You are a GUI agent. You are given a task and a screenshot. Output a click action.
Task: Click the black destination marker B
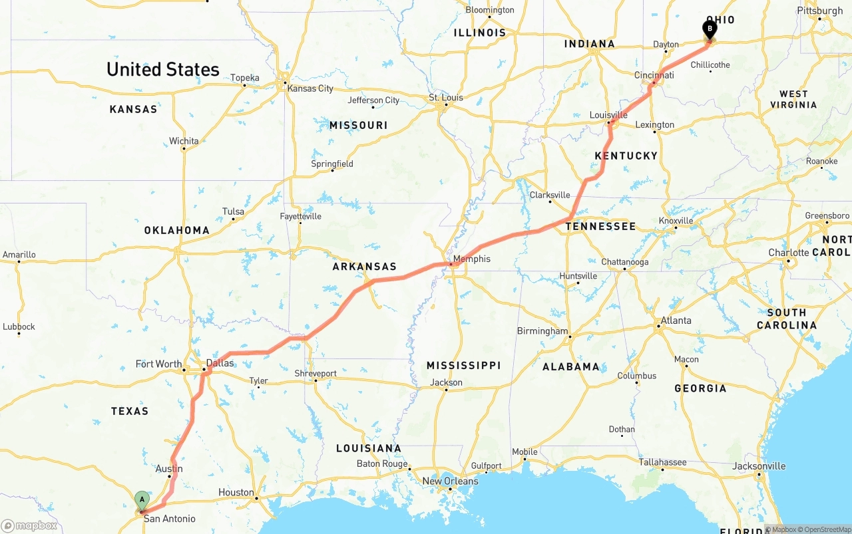[710, 29]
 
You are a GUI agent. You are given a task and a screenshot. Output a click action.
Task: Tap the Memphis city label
[472, 259]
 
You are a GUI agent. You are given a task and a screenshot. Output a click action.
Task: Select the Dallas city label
[220, 363]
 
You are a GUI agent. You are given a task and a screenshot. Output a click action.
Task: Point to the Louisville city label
[608, 115]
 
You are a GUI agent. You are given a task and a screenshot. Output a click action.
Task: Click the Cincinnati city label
[654, 75]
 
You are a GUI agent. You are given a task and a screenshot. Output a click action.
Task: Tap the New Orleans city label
[450, 481]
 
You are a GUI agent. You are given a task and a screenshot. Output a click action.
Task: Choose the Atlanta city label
[676, 320]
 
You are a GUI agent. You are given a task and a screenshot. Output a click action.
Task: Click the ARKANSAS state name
[364, 267]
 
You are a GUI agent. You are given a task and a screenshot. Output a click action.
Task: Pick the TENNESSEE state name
[600, 226]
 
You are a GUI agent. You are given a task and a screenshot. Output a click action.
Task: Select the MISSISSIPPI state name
[463, 366]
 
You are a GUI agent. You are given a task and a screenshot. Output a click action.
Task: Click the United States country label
[162, 69]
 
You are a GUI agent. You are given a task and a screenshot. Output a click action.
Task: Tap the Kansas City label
[310, 88]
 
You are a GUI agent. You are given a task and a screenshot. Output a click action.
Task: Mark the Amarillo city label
[19, 255]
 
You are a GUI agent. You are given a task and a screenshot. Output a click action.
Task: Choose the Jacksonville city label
[758, 466]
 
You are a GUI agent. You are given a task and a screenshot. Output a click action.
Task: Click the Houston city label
[236, 492]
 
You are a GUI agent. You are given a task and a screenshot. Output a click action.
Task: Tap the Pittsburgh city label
[819, 11]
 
